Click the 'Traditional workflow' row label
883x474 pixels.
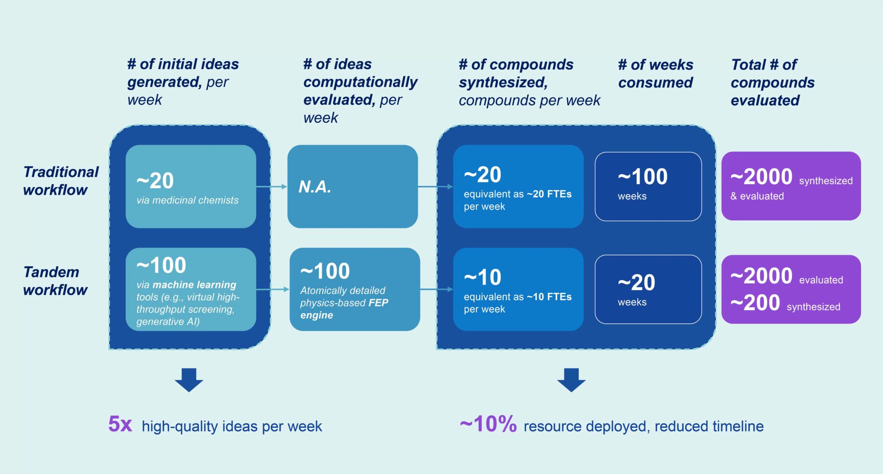[x=61, y=181]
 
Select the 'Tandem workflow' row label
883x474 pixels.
[x=55, y=281]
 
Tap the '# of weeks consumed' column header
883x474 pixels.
[x=655, y=73]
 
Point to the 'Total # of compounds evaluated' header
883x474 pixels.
[x=773, y=82]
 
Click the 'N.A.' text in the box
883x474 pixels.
[x=315, y=187]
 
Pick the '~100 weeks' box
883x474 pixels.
[x=648, y=186]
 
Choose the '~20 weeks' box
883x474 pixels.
[x=648, y=289]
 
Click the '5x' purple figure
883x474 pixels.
[x=120, y=424]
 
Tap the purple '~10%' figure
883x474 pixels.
[x=488, y=424]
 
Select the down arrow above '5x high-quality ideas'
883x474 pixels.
[x=189, y=380]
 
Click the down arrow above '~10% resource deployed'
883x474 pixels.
[x=571, y=380]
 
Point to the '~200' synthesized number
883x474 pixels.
[x=755, y=303]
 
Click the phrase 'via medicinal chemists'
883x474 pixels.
[x=187, y=200]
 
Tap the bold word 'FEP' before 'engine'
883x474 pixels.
[x=378, y=303]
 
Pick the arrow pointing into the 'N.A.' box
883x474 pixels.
[x=272, y=187]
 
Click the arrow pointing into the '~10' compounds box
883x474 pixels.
[x=436, y=289]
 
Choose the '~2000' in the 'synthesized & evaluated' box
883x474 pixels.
[x=761, y=176]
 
